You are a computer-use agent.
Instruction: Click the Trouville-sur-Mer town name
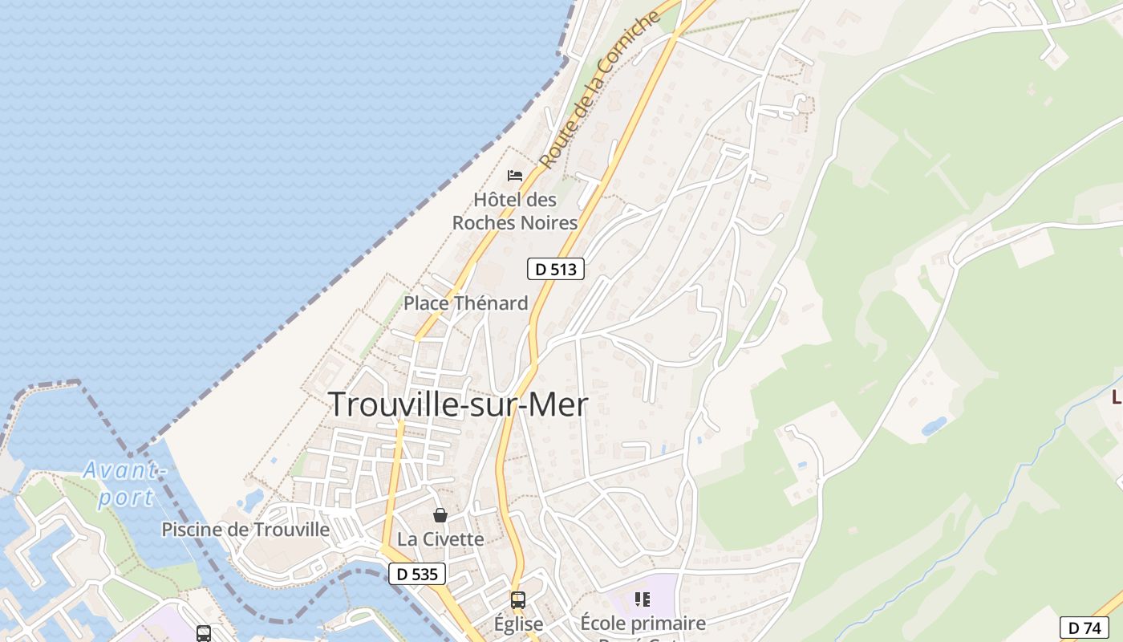click(458, 404)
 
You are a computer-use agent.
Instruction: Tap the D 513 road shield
click(555, 269)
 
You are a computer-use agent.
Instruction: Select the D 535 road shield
click(417, 574)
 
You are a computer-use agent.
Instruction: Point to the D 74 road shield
click(1084, 627)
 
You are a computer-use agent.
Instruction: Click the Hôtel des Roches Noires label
click(515, 211)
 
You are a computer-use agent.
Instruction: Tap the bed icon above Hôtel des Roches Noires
click(515, 176)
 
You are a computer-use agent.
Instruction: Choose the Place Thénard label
click(465, 303)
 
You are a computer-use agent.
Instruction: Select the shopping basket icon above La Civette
click(440, 515)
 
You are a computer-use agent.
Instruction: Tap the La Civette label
click(440, 539)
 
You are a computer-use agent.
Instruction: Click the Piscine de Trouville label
click(245, 530)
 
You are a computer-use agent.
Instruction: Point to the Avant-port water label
click(123, 483)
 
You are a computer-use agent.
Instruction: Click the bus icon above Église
click(518, 599)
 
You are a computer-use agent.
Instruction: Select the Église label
click(518, 624)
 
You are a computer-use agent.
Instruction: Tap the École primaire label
click(643, 624)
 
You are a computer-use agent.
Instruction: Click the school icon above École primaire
click(642, 599)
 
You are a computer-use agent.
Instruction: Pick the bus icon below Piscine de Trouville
click(204, 633)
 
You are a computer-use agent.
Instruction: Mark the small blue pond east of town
click(934, 426)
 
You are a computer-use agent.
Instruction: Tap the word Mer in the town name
click(556, 404)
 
